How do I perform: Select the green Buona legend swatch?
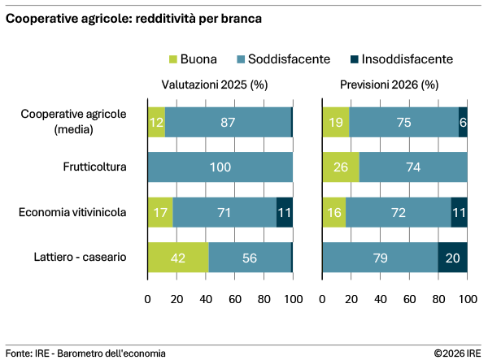coord(172,59)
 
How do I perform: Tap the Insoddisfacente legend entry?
coord(399,59)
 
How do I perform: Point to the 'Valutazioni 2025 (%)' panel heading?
coord(215,84)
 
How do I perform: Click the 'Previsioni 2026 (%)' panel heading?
coord(390,84)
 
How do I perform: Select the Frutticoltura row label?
coord(94,167)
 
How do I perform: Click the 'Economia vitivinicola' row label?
coord(73,212)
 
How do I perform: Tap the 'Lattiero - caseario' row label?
coord(79,257)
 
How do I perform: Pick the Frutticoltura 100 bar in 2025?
coord(220,167)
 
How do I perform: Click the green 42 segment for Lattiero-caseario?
coord(178,257)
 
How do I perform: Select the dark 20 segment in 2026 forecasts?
coord(453,257)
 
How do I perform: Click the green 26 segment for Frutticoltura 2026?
coord(341,167)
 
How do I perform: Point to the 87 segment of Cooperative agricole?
coord(228,123)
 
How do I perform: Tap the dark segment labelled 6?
coord(463,123)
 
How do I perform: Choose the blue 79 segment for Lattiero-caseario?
coord(380,257)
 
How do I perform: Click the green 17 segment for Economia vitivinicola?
coord(159,212)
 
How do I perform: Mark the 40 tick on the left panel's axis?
coord(206,299)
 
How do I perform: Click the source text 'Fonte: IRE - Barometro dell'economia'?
coord(85,353)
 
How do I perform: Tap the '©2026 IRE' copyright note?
coord(457,353)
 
